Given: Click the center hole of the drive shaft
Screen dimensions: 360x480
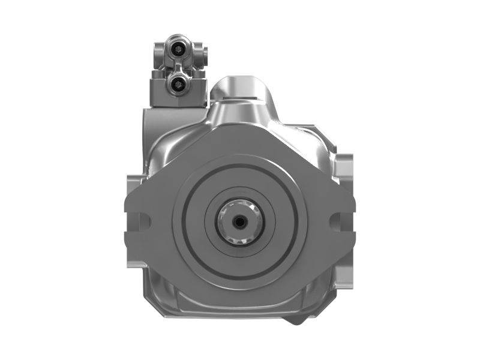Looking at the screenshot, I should point(240,221).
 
